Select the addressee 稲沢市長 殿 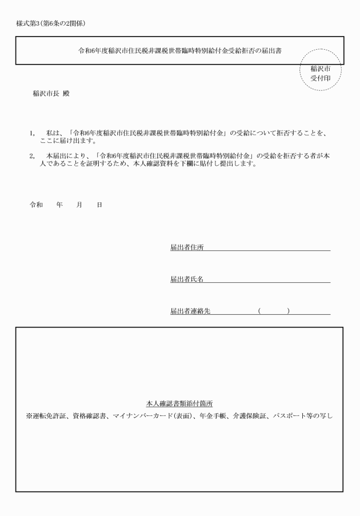point(51,94)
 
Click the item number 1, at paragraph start point(32,133)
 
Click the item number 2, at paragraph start point(32,155)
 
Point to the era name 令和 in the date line point(36,204)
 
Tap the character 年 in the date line point(59,204)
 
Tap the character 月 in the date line point(79,204)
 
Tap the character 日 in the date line point(99,204)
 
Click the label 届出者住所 point(187,247)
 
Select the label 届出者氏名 point(187,279)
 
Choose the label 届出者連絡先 point(190,311)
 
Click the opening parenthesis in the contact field point(259,311)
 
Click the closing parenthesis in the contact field point(289,311)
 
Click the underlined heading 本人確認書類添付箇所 point(179,403)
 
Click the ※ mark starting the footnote point(29,415)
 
